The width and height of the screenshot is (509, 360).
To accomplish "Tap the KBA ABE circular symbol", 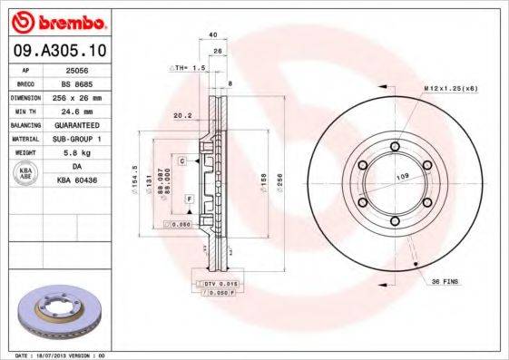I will [26, 174].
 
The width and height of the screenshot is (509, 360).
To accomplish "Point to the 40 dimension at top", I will [213, 34].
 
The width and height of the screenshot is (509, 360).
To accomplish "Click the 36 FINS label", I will [445, 281].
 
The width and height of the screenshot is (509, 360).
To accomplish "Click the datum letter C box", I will [182, 161].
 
